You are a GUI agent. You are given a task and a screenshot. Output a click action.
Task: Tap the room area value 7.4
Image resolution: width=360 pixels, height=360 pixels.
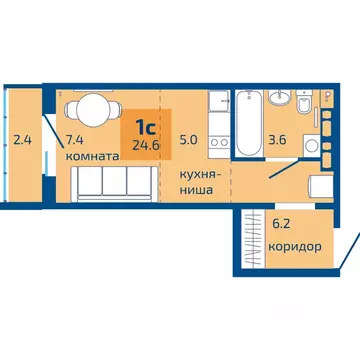click(x=74, y=140)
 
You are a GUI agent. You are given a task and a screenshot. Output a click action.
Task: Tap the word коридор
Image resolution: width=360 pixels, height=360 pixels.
click(x=296, y=244)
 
